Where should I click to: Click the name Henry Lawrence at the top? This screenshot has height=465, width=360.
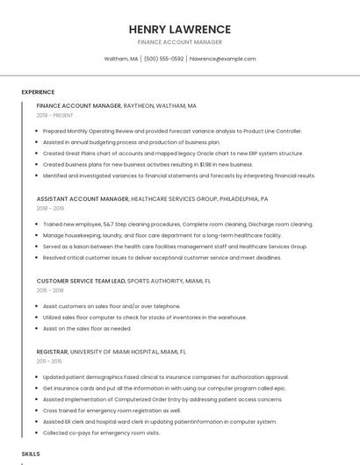[x=180, y=29]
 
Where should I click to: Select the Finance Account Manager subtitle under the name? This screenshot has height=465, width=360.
[x=180, y=42]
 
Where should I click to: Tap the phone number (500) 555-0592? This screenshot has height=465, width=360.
[x=163, y=59]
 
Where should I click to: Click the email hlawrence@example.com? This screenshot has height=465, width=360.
[x=222, y=59]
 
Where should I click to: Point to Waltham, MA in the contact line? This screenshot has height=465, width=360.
[x=121, y=59]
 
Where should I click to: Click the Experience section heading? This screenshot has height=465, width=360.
[x=38, y=92]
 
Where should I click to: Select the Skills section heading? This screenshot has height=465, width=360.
[x=31, y=454]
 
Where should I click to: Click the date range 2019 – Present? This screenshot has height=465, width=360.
[x=55, y=115]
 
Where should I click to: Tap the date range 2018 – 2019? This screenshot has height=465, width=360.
[x=50, y=209]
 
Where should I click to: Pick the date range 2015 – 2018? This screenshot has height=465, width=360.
[x=50, y=290]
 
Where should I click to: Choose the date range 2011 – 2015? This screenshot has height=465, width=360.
[x=49, y=361]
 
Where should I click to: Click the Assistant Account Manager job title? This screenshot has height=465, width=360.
[x=83, y=199]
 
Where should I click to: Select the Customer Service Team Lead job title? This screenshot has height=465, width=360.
[x=81, y=281]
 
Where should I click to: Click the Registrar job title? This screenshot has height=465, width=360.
[x=52, y=351]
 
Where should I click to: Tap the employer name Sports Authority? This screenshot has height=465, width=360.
[x=158, y=281]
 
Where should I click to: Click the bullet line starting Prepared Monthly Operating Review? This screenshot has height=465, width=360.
[x=172, y=131]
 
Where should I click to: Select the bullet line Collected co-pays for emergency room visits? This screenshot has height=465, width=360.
[x=101, y=433]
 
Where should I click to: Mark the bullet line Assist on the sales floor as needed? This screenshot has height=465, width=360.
[x=87, y=328]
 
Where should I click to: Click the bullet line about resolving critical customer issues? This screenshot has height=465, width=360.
[x=162, y=258]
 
